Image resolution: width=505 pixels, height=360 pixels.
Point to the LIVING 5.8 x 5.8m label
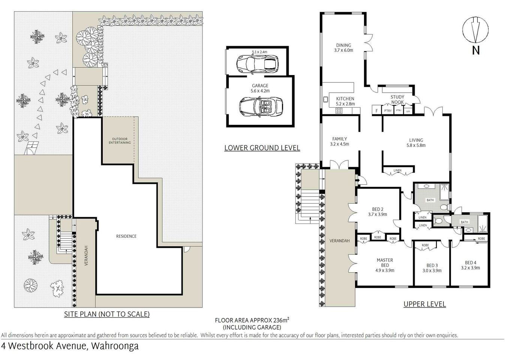[416, 142]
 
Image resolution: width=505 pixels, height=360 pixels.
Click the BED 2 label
[377, 212]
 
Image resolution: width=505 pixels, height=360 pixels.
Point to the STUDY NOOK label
[397, 99]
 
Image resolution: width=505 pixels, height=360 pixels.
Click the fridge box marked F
[376, 111]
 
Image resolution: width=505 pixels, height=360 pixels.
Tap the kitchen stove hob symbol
[339, 111]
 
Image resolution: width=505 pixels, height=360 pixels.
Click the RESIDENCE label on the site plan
[126, 236]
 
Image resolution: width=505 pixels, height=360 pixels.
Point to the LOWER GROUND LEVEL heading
[262, 148]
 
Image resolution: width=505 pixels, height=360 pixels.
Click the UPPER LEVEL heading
[424, 304]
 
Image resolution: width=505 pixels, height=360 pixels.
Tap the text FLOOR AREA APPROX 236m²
[252, 320]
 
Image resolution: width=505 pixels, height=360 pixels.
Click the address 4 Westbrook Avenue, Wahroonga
[70, 346]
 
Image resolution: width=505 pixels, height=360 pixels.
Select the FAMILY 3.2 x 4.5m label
[339, 141]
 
